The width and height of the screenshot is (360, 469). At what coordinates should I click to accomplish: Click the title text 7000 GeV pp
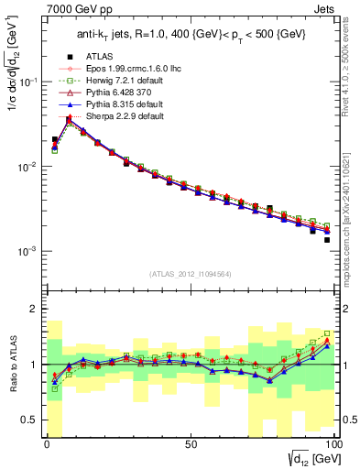[35, 7]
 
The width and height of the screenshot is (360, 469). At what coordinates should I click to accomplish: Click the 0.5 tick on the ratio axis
[32, 420]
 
